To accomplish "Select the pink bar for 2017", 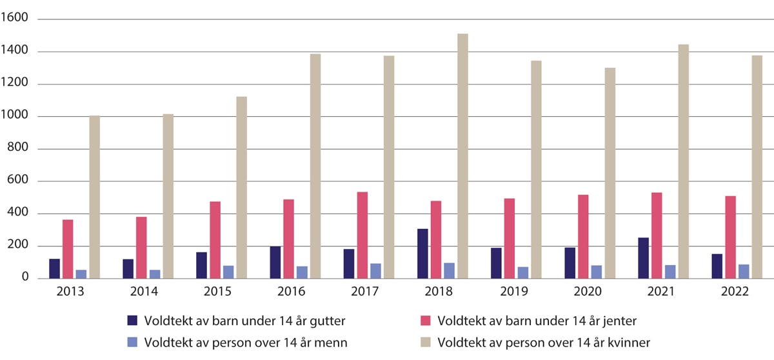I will click(x=362, y=235).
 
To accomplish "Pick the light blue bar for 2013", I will click(x=81, y=274).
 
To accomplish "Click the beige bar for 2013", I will click(x=95, y=197).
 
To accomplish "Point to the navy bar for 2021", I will click(x=644, y=258).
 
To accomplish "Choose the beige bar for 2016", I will click(x=315, y=166).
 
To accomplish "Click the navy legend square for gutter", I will click(x=133, y=321).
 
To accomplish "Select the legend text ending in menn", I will click(x=246, y=343).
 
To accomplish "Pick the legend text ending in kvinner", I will click(x=543, y=343).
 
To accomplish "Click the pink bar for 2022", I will click(x=730, y=237).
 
